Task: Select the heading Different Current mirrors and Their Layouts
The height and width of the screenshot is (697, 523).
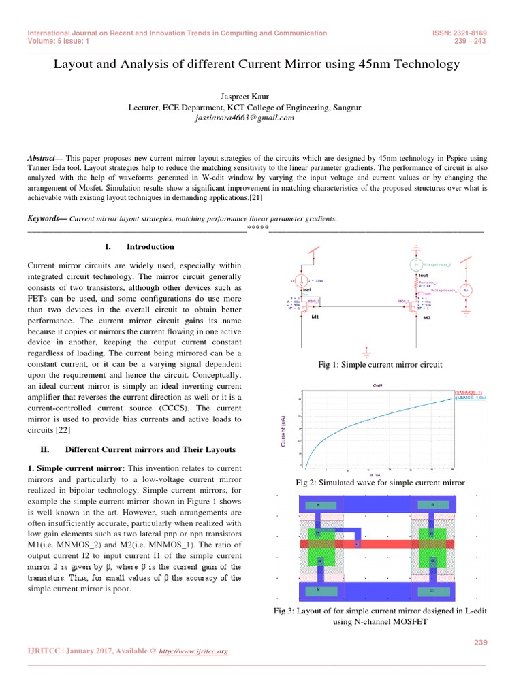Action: [150, 450]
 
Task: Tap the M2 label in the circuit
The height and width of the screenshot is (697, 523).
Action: [427, 317]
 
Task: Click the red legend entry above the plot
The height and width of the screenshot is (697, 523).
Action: [469, 393]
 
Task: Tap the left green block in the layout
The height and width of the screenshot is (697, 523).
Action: [319, 545]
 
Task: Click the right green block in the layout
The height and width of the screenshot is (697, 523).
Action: [430, 545]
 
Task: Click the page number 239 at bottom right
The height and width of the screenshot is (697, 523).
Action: [480, 642]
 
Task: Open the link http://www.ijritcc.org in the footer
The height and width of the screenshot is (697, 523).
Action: [193, 651]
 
